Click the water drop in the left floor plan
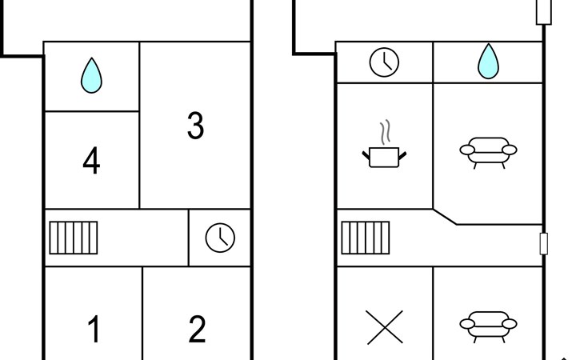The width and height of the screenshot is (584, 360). [x=91, y=76]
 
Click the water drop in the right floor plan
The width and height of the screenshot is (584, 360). [x=488, y=62]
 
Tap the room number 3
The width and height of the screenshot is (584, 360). [x=195, y=126]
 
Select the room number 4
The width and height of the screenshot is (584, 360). [x=91, y=160]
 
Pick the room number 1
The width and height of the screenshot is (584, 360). [x=94, y=329]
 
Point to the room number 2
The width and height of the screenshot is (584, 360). [x=197, y=329]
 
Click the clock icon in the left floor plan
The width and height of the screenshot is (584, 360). [x=220, y=238]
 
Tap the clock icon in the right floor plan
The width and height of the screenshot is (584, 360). [x=384, y=62]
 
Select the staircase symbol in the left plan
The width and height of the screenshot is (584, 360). [x=74, y=238]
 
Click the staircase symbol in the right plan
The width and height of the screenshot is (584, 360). [x=366, y=238]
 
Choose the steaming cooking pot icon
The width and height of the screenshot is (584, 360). [x=384, y=144]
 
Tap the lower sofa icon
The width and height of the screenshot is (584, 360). [x=488, y=327]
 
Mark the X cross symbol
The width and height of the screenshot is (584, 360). [x=384, y=327]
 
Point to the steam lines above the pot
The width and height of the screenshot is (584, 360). [x=385, y=132]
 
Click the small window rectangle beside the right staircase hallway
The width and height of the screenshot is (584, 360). [x=544, y=244]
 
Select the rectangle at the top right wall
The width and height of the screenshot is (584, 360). [x=544, y=12]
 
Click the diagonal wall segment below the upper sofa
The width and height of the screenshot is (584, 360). [x=445, y=217]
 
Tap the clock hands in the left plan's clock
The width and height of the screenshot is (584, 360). [x=222, y=239]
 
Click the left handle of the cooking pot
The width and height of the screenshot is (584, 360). [x=366, y=155]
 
